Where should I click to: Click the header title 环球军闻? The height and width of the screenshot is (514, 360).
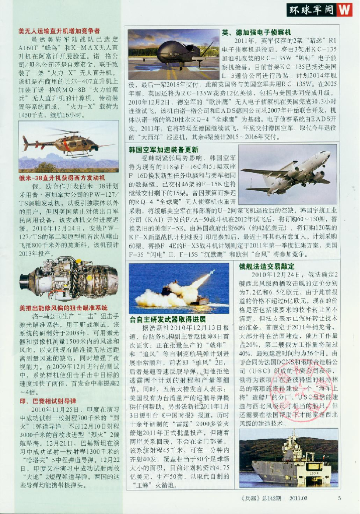(312, 10)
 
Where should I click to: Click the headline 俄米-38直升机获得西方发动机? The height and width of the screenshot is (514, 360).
(62, 178)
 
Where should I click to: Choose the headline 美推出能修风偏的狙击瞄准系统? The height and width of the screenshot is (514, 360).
(63, 307)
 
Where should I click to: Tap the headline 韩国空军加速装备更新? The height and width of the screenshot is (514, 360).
(156, 150)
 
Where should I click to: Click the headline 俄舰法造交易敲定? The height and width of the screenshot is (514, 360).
(263, 267)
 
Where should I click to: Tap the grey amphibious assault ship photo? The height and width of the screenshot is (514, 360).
(288, 457)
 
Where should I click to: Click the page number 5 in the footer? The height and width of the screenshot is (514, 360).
(339, 498)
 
